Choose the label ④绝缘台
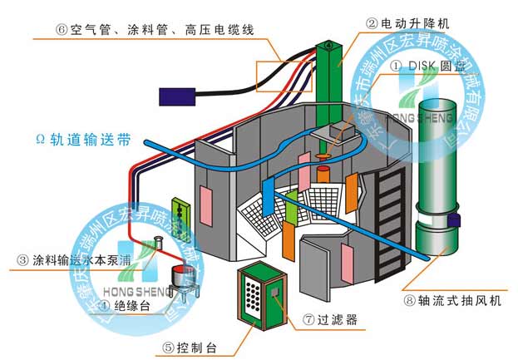124,305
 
